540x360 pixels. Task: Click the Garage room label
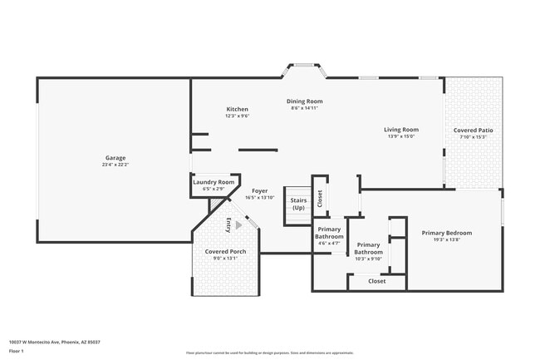pyautogui.click(x=115, y=158)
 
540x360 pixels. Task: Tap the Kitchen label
pyautogui.click(x=238, y=110)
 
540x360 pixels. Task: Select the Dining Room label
pyautogui.click(x=305, y=101)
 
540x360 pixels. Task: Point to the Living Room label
pyautogui.click(x=400, y=130)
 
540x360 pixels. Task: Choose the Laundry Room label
pyautogui.click(x=214, y=182)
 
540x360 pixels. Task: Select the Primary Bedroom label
pyautogui.click(x=446, y=233)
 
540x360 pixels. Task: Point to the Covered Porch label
pyautogui.click(x=225, y=252)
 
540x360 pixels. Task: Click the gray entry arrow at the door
pyautogui.click(x=239, y=224)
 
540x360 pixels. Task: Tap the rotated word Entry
pyautogui.click(x=228, y=224)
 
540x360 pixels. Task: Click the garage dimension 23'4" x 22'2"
pyautogui.click(x=115, y=165)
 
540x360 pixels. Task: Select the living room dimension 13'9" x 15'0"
pyautogui.click(x=400, y=136)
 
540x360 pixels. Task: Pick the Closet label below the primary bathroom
pyautogui.click(x=377, y=281)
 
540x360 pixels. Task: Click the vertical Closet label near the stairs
pyautogui.click(x=320, y=198)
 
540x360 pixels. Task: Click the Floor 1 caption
pyautogui.click(x=17, y=351)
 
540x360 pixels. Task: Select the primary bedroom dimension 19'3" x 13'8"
pyautogui.click(x=446, y=240)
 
